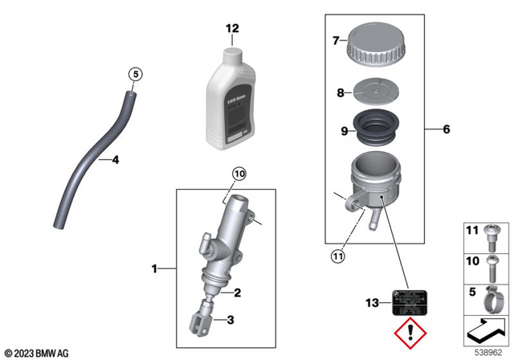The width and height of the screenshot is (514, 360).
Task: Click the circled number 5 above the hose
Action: tap(136, 75)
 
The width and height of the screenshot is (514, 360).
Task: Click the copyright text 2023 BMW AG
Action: tap(38, 352)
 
